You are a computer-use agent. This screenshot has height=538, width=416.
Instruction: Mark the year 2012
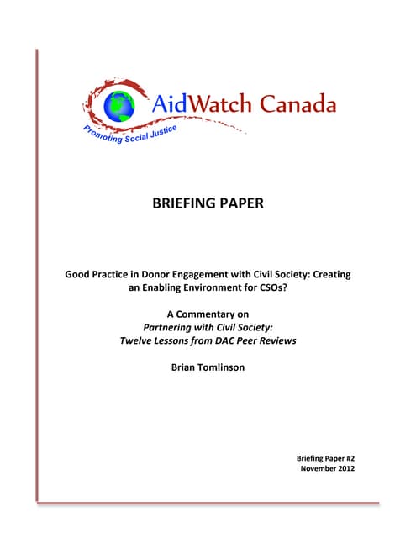coord(345,468)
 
